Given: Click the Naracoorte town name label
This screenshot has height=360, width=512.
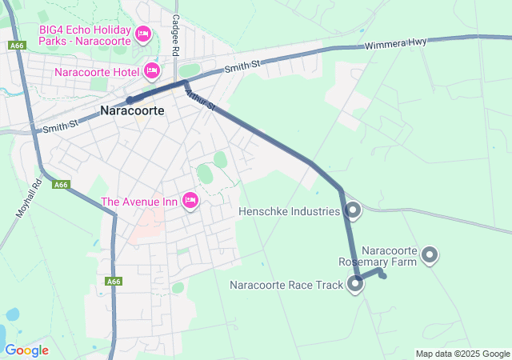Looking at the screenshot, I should click(133, 111).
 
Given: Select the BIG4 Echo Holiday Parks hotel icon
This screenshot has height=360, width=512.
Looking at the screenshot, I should click(143, 34).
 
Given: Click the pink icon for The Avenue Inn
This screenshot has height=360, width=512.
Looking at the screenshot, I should click(190, 200).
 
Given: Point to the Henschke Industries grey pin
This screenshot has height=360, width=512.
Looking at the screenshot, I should click(353, 210).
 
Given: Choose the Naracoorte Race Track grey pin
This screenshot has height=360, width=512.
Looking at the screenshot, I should click(355, 284).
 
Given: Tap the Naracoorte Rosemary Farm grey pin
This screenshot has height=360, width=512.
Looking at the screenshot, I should click(430, 255).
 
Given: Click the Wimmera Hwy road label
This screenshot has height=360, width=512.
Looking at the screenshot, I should click(396, 45).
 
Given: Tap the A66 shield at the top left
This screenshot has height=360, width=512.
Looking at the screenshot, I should click(18, 46).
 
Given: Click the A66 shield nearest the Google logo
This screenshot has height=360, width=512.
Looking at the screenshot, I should click(114, 281).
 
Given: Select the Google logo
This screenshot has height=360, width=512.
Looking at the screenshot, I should click(26, 350).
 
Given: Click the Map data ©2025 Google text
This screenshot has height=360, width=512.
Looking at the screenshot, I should click(462, 354).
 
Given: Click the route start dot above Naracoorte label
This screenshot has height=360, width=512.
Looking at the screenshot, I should click(129, 100).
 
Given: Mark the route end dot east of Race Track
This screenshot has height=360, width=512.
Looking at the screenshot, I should click(383, 276).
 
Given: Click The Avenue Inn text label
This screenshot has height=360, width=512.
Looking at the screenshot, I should click(139, 202).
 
